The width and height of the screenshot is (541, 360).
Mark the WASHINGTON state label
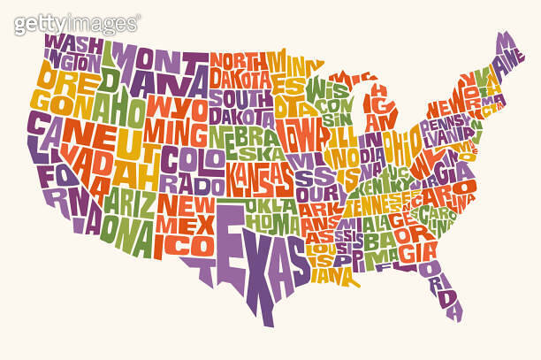click(x=71, y=51)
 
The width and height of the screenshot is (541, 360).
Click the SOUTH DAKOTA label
click(x=241, y=107)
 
